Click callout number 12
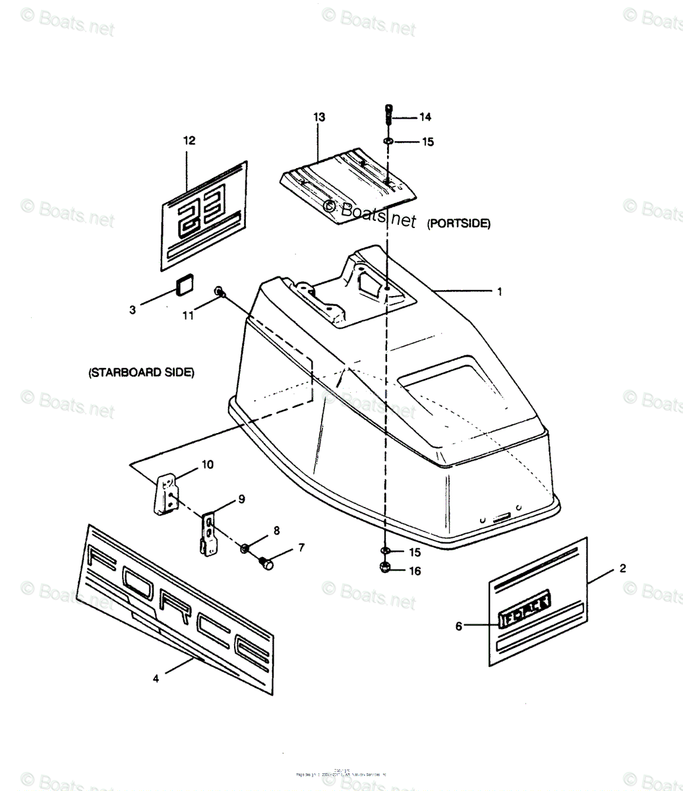click(x=189, y=140)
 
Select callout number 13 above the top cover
click(x=319, y=117)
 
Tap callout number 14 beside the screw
click(x=425, y=117)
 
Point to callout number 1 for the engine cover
click(x=499, y=291)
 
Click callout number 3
click(x=133, y=310)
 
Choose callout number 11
click(x=189, y=316)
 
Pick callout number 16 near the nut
click(x=415, y=571)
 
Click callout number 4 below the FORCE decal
click(x=156, y=678)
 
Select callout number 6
click(x=459, y=626)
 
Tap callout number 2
click(x=623, y=568)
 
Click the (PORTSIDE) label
click(x=458, y=223)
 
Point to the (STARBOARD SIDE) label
click(x=142, y=372)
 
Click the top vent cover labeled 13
click(x=349, y=188)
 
